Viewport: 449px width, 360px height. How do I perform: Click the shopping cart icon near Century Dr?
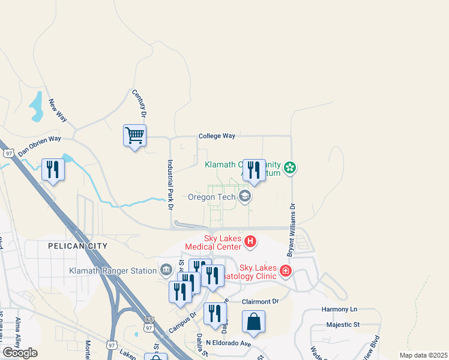tap(135, 135)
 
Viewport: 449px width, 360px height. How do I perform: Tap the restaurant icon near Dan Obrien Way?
tap(53, 170)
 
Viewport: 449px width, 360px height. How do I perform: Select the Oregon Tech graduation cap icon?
tap(245, 196)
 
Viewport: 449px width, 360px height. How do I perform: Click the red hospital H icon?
tap(250, 242)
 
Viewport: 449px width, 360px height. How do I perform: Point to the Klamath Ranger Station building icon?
tap(166, 271)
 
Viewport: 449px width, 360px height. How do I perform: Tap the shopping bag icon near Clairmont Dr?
tap(254, 322)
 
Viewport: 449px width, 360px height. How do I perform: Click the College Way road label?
tap(217, 136)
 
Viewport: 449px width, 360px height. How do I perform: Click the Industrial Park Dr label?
tap(170, 184)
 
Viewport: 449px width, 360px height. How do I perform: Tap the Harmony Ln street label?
tap(339, 310)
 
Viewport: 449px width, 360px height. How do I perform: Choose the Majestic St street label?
tap(343, 325)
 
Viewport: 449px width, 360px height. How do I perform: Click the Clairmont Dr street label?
tap(261, 302)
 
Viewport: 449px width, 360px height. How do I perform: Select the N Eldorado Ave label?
tap(228, 343)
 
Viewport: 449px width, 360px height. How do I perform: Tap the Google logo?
tap(20, 353)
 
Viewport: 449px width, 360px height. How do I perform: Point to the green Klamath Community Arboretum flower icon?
tap(291, 167)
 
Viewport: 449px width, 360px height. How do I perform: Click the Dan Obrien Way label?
tap(40, 145)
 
